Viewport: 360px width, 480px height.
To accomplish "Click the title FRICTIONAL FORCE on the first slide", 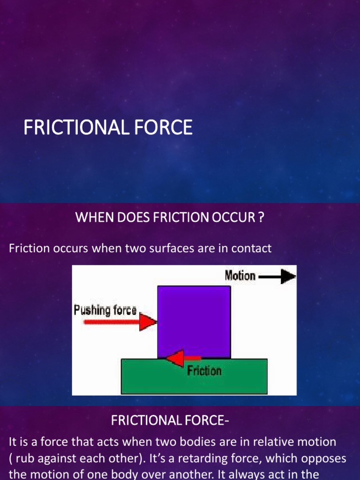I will pyautogui.click(x=108, y=127).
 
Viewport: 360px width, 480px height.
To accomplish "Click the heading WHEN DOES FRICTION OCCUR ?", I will pyautogui.click(x=167, y=218).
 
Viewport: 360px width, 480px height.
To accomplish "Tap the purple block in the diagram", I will pyautogui.click(x=194, y=319).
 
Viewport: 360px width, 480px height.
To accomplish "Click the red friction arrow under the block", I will pyautogui.click(x=178, y=359).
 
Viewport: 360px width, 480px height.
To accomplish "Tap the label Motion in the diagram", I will pyautogui.click(x=240, y=276).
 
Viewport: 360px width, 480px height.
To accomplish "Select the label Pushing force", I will pyautogui.click(x=105, y=310).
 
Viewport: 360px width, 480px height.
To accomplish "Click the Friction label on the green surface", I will pyautogui.click(x=204, y=371).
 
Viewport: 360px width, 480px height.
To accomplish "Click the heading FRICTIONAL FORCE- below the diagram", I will pyautogui.click(x=170, y=421).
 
